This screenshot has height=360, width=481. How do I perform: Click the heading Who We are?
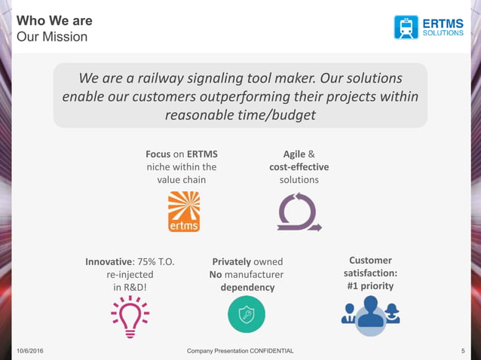(54, 20)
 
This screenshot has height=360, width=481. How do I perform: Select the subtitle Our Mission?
(52, 36)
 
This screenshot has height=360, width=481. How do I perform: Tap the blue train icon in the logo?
(406, 27)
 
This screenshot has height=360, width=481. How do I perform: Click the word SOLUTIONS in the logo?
(443, 33)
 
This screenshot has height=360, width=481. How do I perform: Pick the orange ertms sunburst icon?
(184, 211)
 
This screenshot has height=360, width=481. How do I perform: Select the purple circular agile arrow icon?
(299, 212)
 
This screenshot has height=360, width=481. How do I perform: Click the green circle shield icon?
(247, 314)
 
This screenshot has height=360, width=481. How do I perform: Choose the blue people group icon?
(370, 313)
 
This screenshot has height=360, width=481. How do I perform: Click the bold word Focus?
(158, 153)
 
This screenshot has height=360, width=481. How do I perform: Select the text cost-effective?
(299, 166)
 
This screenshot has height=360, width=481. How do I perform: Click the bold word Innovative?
(109, 261)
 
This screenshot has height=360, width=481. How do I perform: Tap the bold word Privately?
(231, 261)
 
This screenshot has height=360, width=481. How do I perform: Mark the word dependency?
(247, 287)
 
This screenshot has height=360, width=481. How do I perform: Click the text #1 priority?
(370, 286)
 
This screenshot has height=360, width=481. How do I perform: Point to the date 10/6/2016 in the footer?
(29, 352)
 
